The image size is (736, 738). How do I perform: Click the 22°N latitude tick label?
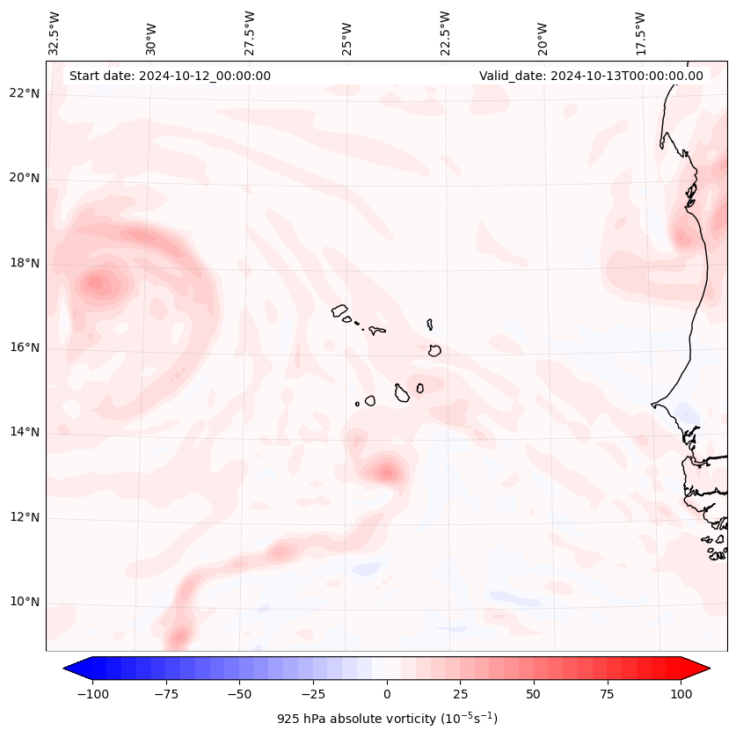pyautogui.click(x=24, y=94)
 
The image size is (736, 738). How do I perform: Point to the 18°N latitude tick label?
pyautogui.click(x=24, y=263)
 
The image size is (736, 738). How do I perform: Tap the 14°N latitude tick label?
pyautogui.click(x=24, y=432)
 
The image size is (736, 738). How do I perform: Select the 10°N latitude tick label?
pyautogui.click(x=24, y=603)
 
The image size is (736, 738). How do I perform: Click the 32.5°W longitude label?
pyautogui.click(x=55, y=33)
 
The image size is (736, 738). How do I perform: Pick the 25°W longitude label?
pyautogui.click(x=347, y=33)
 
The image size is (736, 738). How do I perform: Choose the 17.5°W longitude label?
pyautogui.click(x=640, y=33)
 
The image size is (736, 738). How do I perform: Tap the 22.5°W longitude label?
pyautogui.click(x=445, y=33)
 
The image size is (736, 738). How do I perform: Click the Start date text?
pyautogui.click(x=170, y=76)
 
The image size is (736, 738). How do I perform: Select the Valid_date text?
pyautogui.click(x=591, y=76)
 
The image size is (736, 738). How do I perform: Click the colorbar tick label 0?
pyautogui.click(x=387, y=694)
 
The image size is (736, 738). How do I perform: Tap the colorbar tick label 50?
pyautogui.click(x=534, y=694)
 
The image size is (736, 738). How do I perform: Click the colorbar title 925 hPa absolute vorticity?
pyautogui.click(x=387, y=719)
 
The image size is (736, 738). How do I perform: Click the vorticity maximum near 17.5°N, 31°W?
pyautogui.click(x=97, y=283)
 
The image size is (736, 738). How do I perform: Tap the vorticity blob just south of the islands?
pyautogui.click(x=386, y=471)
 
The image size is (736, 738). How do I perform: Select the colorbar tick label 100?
pyautogui.click(x=681, y=694)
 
